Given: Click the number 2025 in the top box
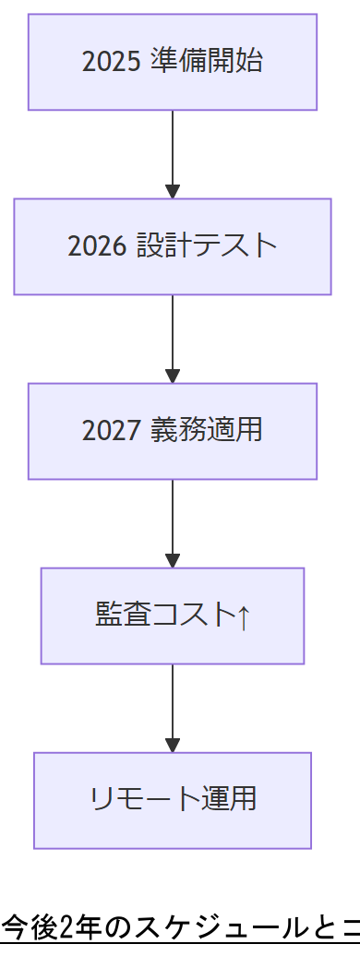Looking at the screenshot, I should pyautogui.click(x=111, y=62).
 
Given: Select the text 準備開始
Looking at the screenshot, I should pyautogui.click(x=206, y=62).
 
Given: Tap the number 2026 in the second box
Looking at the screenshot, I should pyautogui.click(x=97, y=246).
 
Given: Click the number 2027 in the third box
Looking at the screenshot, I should pyautogui.click(x=111, y=431).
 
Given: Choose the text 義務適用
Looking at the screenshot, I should pyautogui.click(x=206, y=431).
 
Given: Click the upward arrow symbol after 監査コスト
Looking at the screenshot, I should pyautogui.click(x=243, y=615).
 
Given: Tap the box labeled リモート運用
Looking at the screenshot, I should pyautogui.click(x=173, y=800).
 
